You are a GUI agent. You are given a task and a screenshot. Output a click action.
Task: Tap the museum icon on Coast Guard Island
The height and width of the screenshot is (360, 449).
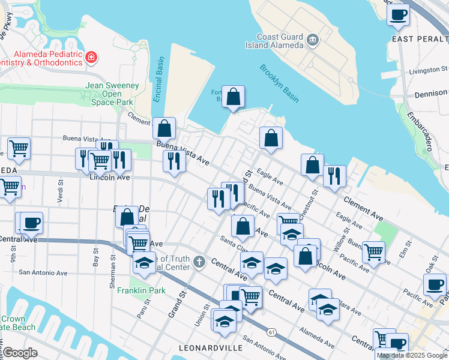(x=313, y=40)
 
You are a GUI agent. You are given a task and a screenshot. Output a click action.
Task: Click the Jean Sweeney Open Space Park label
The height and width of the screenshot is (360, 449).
(x=112, y=94)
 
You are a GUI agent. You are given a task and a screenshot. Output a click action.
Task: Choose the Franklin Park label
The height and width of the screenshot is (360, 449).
(x=148, y=290)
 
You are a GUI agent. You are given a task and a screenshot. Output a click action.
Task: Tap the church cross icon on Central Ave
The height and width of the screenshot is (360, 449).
(x=199, y=262)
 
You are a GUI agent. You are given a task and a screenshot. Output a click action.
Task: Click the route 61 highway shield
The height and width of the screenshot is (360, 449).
(x=273, y=332)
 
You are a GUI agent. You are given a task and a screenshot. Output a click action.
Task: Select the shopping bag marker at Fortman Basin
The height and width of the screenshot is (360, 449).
(x=233, y=97)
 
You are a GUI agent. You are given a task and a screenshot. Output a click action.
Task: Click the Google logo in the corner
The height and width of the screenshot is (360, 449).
(x=20, y=353)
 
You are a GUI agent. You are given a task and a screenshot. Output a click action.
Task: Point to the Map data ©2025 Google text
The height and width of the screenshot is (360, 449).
(x=411, y=355)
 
